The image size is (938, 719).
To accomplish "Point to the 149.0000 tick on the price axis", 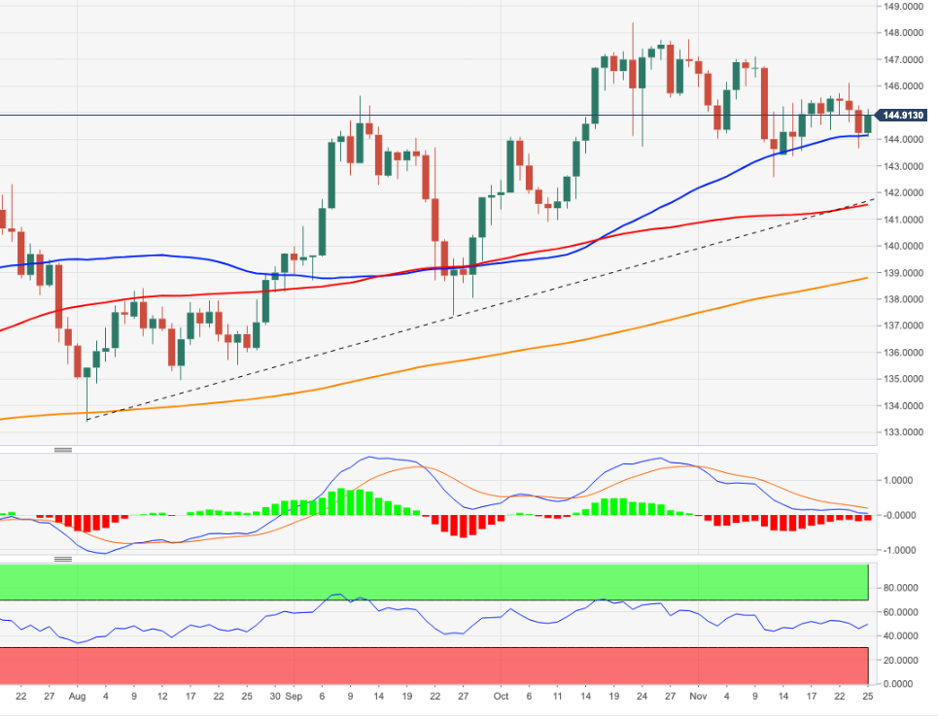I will coord(903,6).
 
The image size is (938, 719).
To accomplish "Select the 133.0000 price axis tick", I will coord(903,432).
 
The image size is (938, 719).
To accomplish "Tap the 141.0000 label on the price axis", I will coord(903,220).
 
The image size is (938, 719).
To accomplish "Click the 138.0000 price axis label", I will coord(903,299).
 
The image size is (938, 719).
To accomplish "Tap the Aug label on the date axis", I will coord(78,697).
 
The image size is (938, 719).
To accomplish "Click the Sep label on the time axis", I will coord(295,697).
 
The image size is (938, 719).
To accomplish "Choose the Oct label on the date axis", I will coord(501,697).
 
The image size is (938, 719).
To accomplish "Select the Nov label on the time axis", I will coord(697,697).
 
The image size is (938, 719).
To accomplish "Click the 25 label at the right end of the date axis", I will coord(865,697).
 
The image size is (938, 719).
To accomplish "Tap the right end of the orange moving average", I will coord(867,278).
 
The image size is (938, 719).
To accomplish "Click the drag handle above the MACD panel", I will coord(63,450).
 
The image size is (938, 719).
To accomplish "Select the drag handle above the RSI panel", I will coord(63,559).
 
